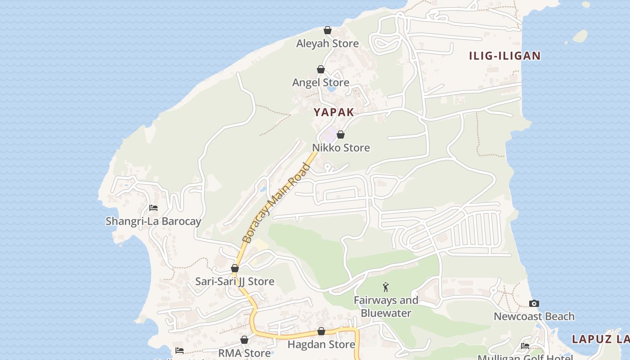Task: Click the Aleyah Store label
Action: tap(327, 44)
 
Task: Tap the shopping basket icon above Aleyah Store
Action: tap(328, 30)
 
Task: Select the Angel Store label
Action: tap(320, 82)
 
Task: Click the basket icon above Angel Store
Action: tap(321, 69)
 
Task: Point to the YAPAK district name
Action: tap(334, 112)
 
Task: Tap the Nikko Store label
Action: tap(341, 148)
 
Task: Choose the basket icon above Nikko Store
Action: tap(341, 135)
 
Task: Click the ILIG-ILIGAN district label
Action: tap(504, 56)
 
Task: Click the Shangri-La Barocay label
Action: tap(153, 221)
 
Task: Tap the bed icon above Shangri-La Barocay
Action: tap(153, 208)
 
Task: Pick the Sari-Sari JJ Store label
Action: tap(234, 282)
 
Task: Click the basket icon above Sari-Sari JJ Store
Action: tap(234, 269)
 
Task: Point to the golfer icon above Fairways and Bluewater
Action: tap(386, 287)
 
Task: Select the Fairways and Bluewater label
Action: tap(386, 306)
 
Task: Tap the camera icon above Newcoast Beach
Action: tap(534, 303)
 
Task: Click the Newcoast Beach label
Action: tap(534, 316)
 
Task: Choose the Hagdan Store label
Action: tap(321, 345)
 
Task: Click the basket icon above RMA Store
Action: tap(244, 340)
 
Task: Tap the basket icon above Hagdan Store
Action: tap(321, 332)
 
